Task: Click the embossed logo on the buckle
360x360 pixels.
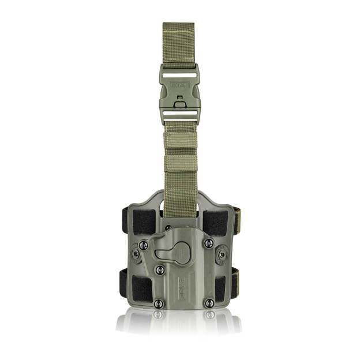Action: pyautogui.click(x=179, y=84)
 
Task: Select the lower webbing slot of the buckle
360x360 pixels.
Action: pyautogui.click(x=179, y=115)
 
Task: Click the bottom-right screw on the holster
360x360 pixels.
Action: pyautogui.click(x=209, y=303)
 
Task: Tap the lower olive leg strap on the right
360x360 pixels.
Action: pyautogui.click(x=237, y=277)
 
